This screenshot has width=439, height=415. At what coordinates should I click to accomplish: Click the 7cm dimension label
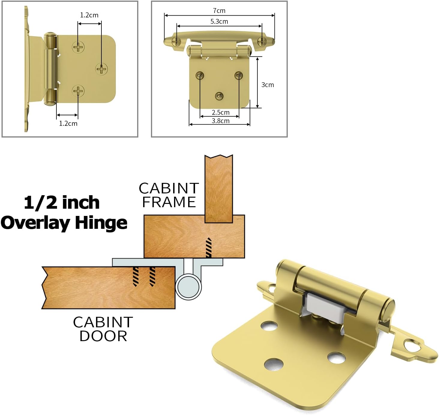click(219, 11)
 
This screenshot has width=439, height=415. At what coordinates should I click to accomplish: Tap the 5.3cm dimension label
click(219, 22)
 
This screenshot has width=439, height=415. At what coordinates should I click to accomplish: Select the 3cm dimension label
click(267, 85)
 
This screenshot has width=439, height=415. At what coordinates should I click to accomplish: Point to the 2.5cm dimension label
click(221, 113)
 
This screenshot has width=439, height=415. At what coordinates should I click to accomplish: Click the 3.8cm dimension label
click(221, 121)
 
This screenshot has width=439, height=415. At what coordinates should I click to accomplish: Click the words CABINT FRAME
click(169, 195)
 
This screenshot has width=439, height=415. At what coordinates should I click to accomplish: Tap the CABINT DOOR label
click(103, 329)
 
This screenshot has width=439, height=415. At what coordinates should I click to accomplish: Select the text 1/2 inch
click(62, 202)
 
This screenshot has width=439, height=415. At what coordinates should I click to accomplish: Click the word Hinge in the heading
click(101, 223)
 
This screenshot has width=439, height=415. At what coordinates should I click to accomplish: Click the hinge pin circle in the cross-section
click(188, 287)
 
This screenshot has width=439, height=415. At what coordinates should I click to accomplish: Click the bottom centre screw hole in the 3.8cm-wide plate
click(219, 96)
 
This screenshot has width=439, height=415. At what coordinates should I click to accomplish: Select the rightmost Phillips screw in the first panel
click(102, 69)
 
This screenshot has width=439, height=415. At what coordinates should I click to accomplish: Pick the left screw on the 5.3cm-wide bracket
click(177, 41)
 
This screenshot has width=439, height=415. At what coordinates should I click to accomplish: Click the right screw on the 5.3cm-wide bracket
click(262, 41)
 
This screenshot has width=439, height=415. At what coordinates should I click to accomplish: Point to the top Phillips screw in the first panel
click(78, 47)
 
